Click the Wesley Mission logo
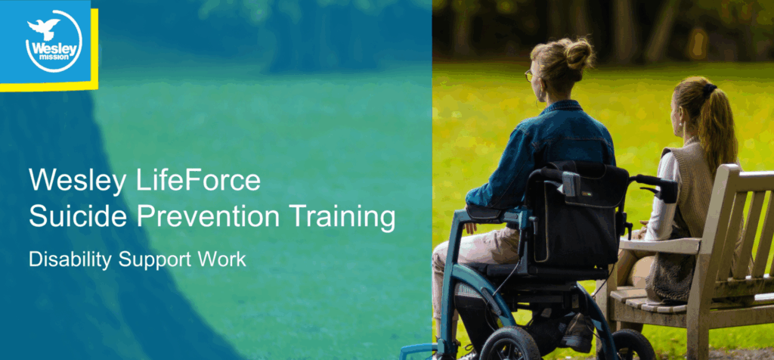click(x=54, y=42)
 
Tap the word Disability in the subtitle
click(x=70, y=259)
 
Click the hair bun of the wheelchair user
click(x=578, y=54)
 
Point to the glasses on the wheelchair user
click(x=529, y=76)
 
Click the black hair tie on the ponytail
click(x=710, y=90)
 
